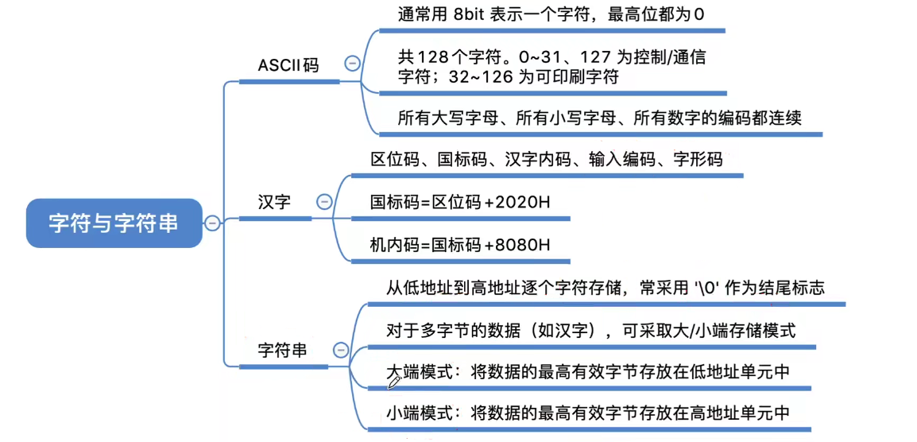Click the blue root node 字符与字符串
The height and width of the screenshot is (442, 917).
(x=114, y=223)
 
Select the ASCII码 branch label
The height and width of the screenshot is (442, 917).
(x=288, y=65)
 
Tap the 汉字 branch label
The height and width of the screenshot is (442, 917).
(x=274, y=202)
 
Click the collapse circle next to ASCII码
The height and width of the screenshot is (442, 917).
(x=351, y=64)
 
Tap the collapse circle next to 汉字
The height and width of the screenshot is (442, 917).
(x=324, y=202)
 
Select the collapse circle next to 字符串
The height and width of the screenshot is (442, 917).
(x=341, y=350)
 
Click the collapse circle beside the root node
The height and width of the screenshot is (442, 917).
(x=212, y=223)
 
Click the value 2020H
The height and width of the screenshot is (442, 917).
(x=522, y=202)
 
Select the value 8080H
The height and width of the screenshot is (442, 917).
(x=522, y=245)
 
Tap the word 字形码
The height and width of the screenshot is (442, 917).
(x=698, y=159)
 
